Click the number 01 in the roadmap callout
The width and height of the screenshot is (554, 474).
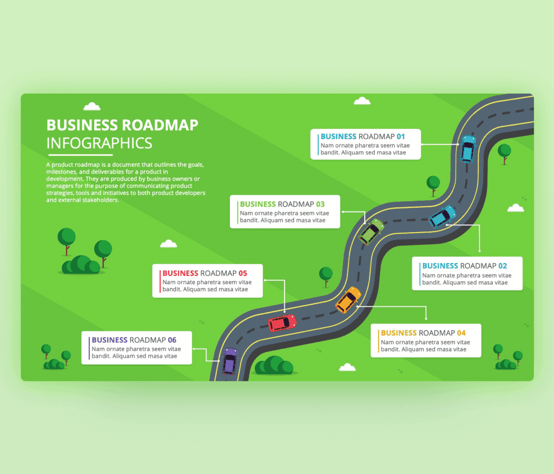tap(401, 136)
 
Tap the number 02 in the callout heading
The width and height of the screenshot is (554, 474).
tap(503, 266)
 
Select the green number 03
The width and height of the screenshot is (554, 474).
tap(320, 205)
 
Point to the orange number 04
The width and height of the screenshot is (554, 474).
tap(461, 333)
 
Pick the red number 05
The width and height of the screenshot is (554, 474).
tap(243, 273)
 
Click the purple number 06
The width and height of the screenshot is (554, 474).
tap(172, 340)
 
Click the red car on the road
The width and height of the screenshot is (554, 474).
tap(282, 322)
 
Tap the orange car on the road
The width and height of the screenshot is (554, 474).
tap(348, 300)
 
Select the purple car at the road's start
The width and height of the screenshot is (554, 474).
tap(229, 361)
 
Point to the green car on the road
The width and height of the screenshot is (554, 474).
tap(371, 232)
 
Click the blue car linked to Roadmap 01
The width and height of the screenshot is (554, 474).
tap(468, 149)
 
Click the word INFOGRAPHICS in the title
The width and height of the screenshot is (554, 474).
tap(100, 143)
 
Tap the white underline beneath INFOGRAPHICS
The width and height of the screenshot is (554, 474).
tap(80, 155)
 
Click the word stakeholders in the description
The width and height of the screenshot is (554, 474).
tap(101, 200)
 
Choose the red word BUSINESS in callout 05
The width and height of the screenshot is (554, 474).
tap(180, 273)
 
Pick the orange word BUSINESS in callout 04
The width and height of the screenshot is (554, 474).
tap(399, 333)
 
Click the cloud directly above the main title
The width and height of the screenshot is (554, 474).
tap(92, 106)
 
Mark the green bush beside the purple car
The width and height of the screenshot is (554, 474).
tap(274, 365)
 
